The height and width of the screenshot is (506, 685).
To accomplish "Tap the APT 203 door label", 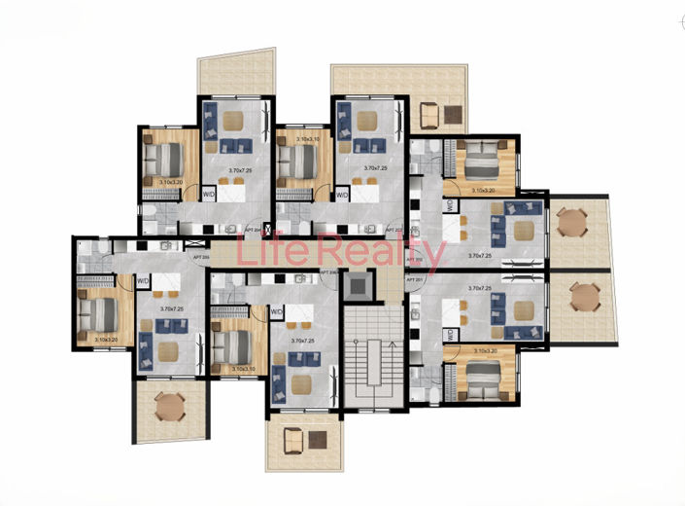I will point(393,231).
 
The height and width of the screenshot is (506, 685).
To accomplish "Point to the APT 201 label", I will point(416,279).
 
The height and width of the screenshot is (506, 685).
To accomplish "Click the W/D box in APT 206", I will point(276,312).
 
